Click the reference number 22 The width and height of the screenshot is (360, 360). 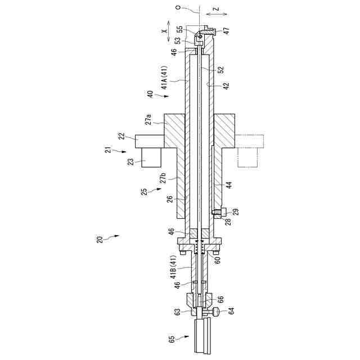[x=120, y=136]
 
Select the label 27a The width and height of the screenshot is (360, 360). [x=148, y=120]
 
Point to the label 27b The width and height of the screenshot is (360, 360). [x=163, y=179]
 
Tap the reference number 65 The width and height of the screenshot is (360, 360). [x=172, y=339]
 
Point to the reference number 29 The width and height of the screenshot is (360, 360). [x=235, y=211]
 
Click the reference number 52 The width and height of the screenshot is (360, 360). [x=221, y=70]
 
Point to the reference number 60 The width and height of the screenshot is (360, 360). [x=218, y=260]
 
